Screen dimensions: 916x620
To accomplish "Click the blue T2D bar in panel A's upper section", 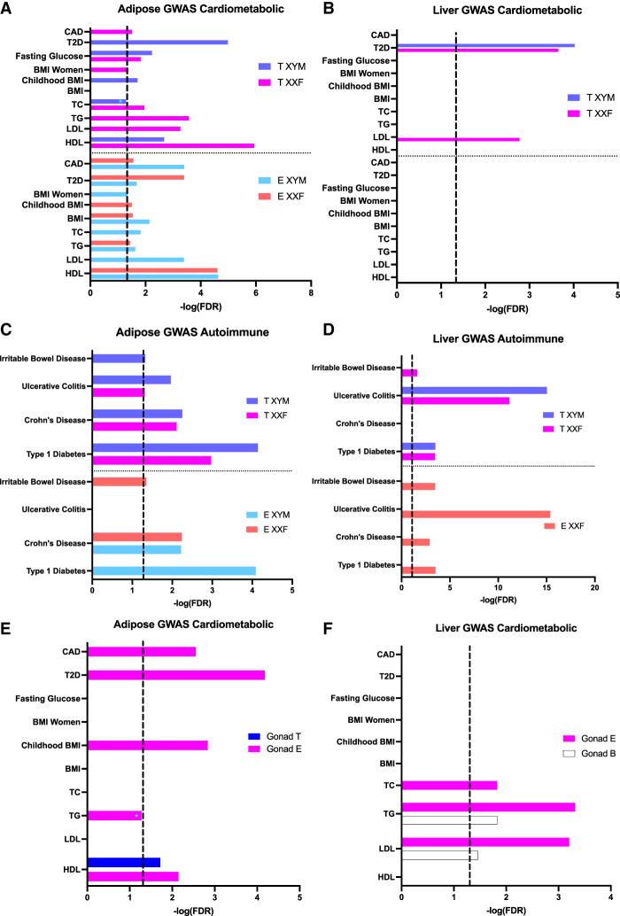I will (x=159, y=42).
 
